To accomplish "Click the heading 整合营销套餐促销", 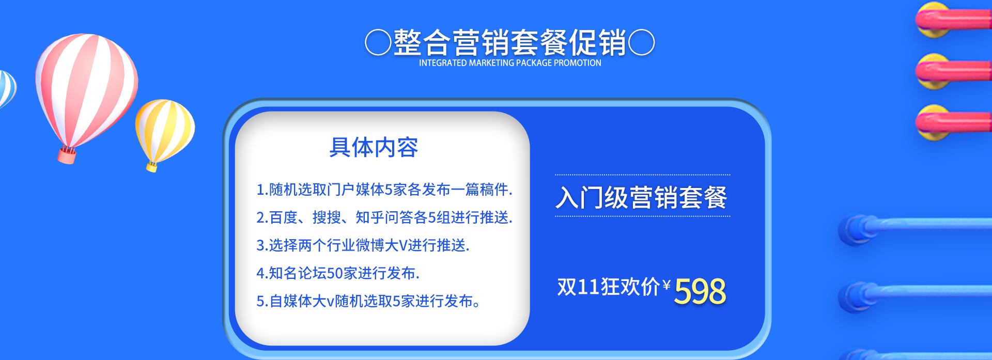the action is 510,42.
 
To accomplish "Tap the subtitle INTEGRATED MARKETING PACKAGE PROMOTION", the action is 510,63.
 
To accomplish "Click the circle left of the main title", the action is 378,42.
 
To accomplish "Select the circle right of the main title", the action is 642,42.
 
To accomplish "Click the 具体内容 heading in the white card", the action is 374,147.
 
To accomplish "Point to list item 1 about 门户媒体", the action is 384,190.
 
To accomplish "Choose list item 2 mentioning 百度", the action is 384,217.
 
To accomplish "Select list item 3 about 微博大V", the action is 363,245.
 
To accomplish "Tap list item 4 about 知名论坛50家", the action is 338,273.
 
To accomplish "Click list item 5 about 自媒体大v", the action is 368,301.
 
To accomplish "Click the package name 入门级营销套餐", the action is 642,197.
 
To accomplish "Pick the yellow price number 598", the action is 700,291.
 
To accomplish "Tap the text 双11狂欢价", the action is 609,287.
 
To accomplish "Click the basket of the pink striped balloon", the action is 67,154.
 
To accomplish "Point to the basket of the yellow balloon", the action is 152,166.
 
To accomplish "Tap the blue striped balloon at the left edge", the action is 7,88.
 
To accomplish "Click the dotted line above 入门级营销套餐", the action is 643,175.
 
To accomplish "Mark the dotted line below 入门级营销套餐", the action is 643,216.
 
